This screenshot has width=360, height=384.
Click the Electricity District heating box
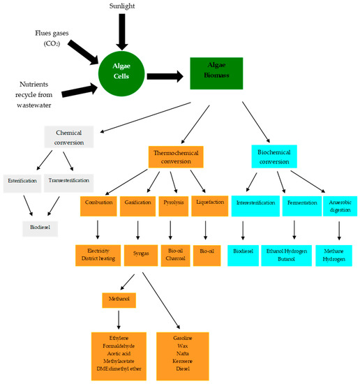coord(99,256)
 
